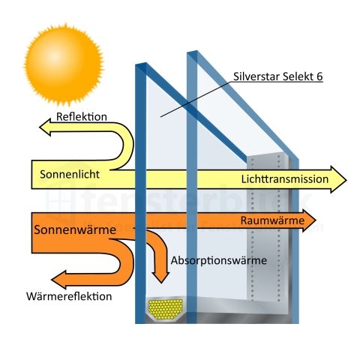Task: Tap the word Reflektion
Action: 82,118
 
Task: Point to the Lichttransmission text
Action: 285,180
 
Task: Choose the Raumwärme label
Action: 272,221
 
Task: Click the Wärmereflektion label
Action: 68,296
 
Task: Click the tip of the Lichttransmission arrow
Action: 346,180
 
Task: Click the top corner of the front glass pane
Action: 139,64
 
